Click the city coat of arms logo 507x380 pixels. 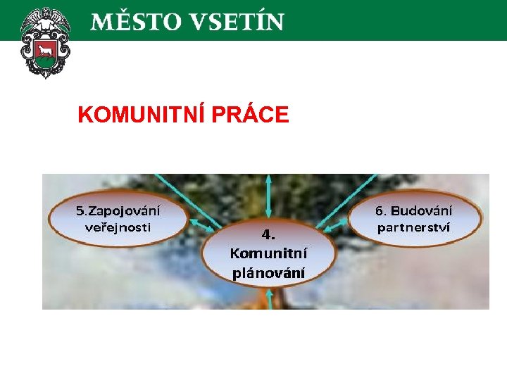click(46, 42)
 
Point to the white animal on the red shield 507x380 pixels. click(46, 50)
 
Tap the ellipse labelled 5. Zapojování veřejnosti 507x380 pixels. click(118, 219)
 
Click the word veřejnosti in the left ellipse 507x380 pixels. click(118, 227)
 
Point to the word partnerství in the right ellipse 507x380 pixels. click(414, 227)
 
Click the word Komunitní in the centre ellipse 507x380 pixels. click(268, 253)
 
